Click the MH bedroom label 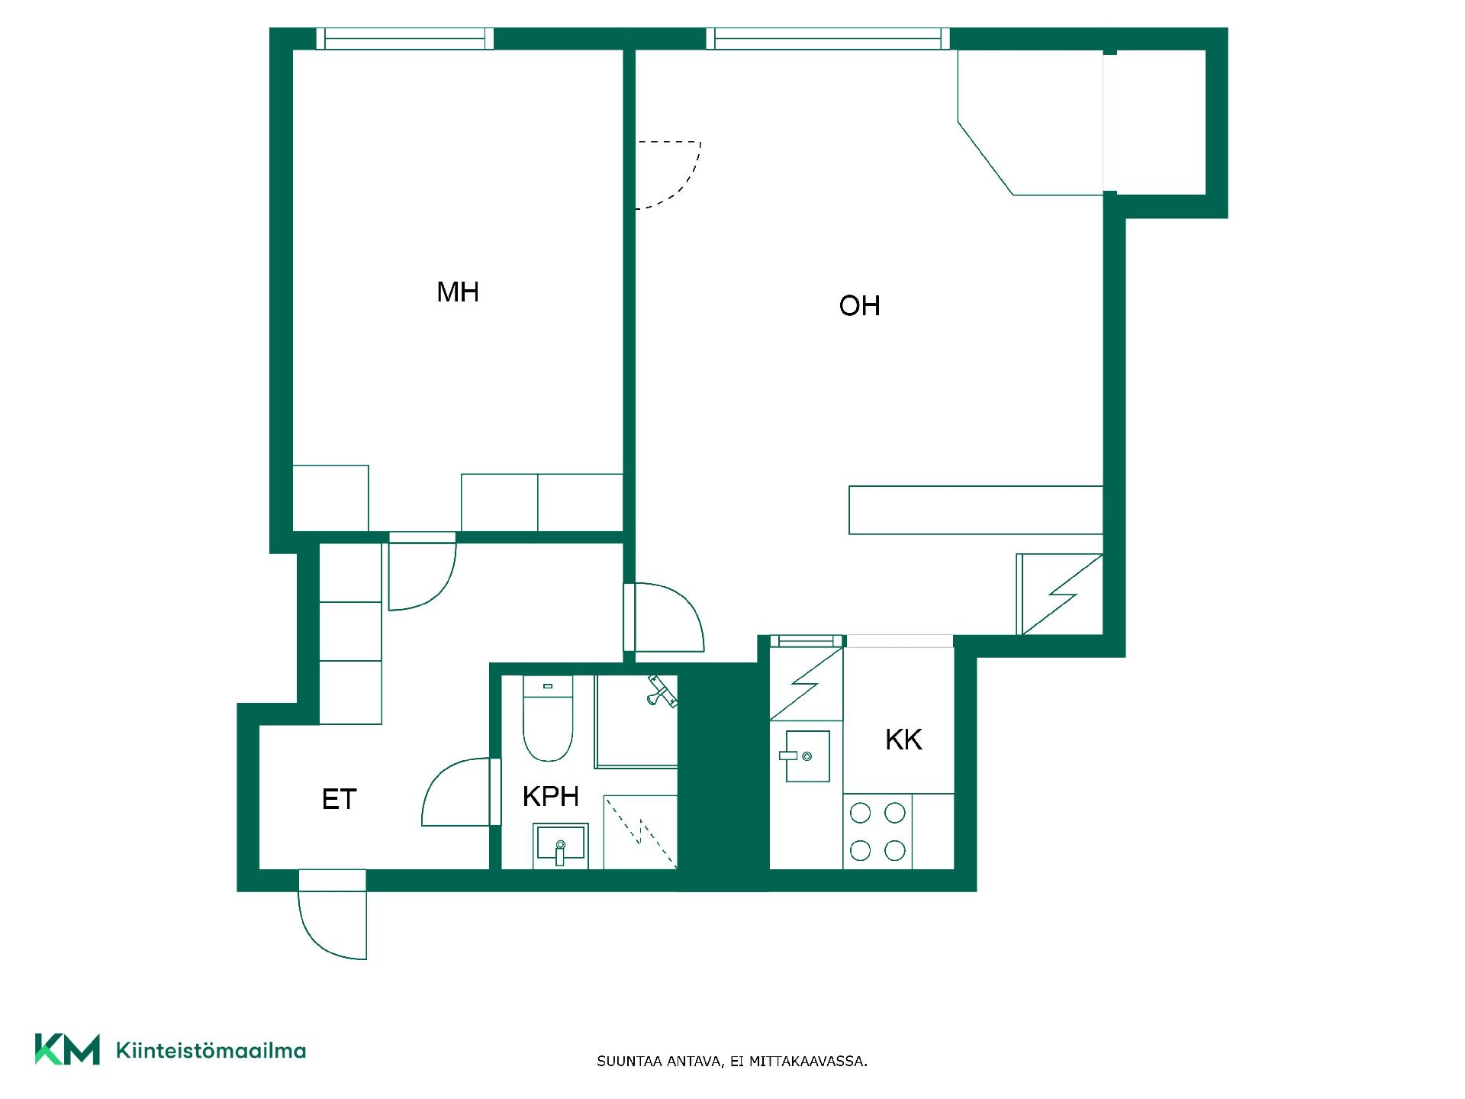coord(458,292)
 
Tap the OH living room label coord(859,306)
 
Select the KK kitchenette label coord(903,740)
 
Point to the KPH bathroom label coord(550,797)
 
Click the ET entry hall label coord(340,799)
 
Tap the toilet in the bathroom coord(548,718)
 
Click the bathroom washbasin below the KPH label coord(561,846)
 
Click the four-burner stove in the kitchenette coord(877,831)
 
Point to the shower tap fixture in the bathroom coord(661,691)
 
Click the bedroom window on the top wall coord(405,39)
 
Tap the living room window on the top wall coord(828,39)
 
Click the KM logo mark coord(67,1049)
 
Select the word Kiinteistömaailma coord(211,1050)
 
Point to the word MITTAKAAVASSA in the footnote coord(808,1062)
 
